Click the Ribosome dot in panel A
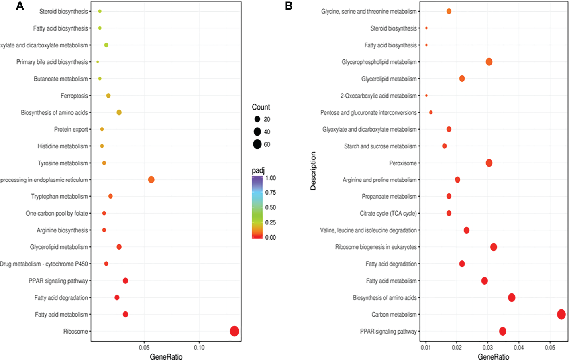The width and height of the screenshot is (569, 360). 235,331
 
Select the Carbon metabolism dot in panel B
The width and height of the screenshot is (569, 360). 561,314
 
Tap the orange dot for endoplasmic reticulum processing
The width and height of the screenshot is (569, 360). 151,179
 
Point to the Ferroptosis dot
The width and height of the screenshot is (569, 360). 108,96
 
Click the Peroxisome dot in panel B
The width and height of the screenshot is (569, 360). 489,163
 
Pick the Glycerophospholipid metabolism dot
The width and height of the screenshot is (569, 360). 489,62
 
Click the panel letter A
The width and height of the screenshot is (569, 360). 20,6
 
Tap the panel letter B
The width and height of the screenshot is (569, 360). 288,6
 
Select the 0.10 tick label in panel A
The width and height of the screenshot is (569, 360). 199,348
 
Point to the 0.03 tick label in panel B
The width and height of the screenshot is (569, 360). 487,348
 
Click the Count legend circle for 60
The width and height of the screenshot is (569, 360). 257,144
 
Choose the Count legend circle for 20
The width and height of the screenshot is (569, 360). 257,119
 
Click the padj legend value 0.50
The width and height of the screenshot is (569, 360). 271,207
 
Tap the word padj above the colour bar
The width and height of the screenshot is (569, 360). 258,171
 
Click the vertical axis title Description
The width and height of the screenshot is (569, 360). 313,171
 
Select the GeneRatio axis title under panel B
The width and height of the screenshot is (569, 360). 493,357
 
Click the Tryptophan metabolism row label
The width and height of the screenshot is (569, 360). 59,197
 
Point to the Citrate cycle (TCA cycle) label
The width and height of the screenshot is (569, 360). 388,214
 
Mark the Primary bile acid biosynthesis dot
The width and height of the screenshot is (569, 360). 98,62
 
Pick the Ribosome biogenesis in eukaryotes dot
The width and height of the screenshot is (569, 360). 494,247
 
